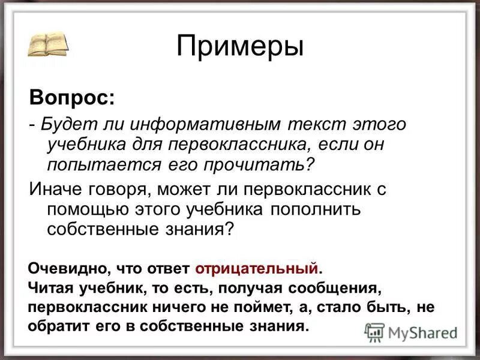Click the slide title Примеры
240,47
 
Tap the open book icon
47,44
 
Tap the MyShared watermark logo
411,332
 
